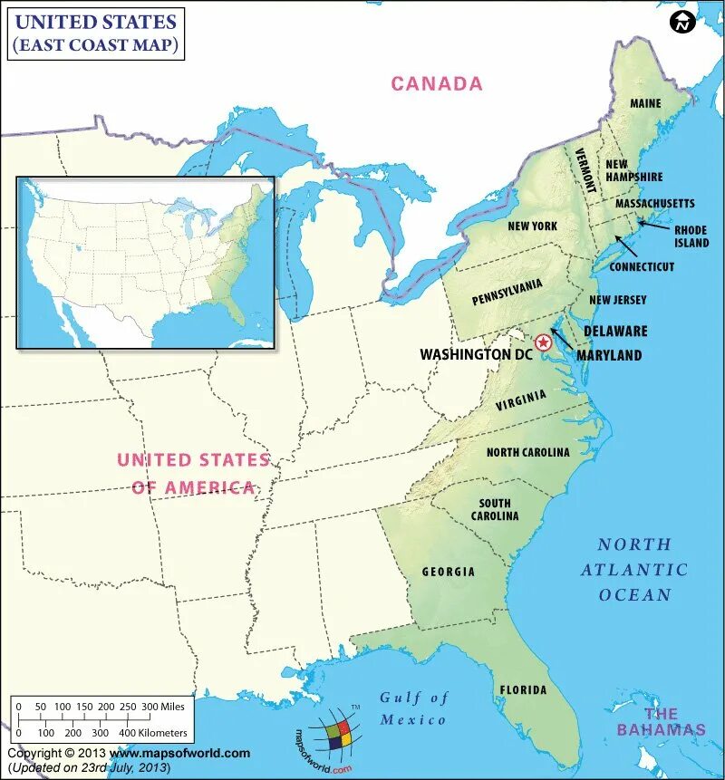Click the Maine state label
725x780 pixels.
645,103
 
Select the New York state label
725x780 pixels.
532,226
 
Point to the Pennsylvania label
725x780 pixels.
507,293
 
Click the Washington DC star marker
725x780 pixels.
543,342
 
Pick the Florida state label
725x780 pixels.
523,690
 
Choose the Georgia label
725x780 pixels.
448,572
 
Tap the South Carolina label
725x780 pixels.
495,509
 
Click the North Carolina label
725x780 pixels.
527,452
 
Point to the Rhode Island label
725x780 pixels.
691,236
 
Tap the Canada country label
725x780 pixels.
437,84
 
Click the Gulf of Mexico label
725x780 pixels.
413,708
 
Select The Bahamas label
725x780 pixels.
661,721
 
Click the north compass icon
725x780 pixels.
681,23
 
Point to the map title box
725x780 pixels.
96,34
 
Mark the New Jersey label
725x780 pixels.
617,300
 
